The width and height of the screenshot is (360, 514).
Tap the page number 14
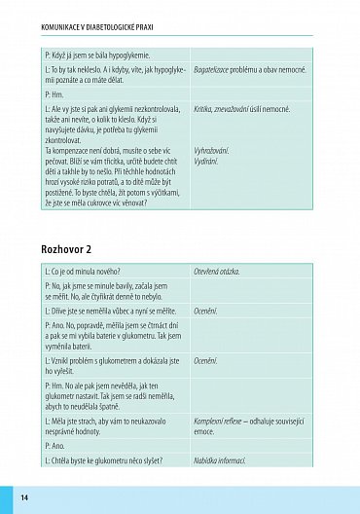tap(24, 497)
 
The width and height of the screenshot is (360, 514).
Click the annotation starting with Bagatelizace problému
tap(256, 73)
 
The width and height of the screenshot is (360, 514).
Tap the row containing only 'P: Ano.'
tap(56, 444)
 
